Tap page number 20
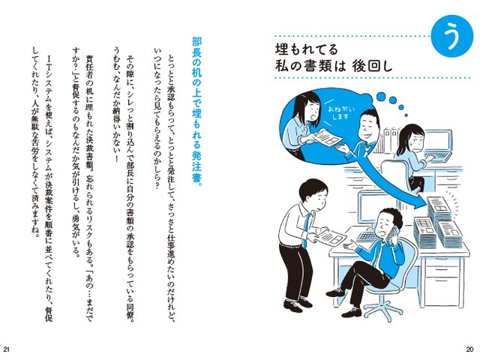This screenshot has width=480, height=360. [x=470, y=349]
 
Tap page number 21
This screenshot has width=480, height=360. [x=7, y=349]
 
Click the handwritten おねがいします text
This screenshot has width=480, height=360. [x=339, y=112]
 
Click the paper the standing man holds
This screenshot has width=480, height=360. [x=331, y=236]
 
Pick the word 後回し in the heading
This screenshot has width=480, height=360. [x=372, y=66]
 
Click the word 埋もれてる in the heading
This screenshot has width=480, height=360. [x=307, y=49]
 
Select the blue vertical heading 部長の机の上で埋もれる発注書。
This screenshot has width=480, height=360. [x=196, y=109]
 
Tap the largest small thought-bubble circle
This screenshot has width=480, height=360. [x=381, y=97]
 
